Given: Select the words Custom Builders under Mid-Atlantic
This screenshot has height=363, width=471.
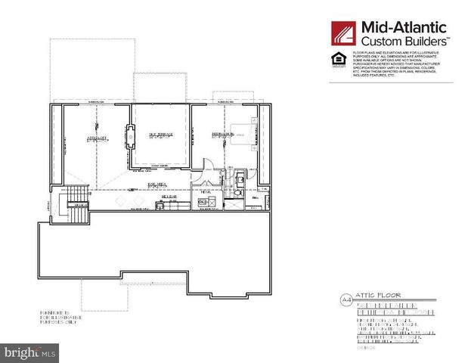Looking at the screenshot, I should [404, 41].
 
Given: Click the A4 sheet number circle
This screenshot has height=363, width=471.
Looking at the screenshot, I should [347, 300].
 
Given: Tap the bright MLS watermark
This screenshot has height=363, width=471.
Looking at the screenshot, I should [30, 352].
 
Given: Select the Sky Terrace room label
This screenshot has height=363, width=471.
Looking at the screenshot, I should [161, 135].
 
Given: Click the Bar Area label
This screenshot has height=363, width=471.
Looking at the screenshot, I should [157, 183].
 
